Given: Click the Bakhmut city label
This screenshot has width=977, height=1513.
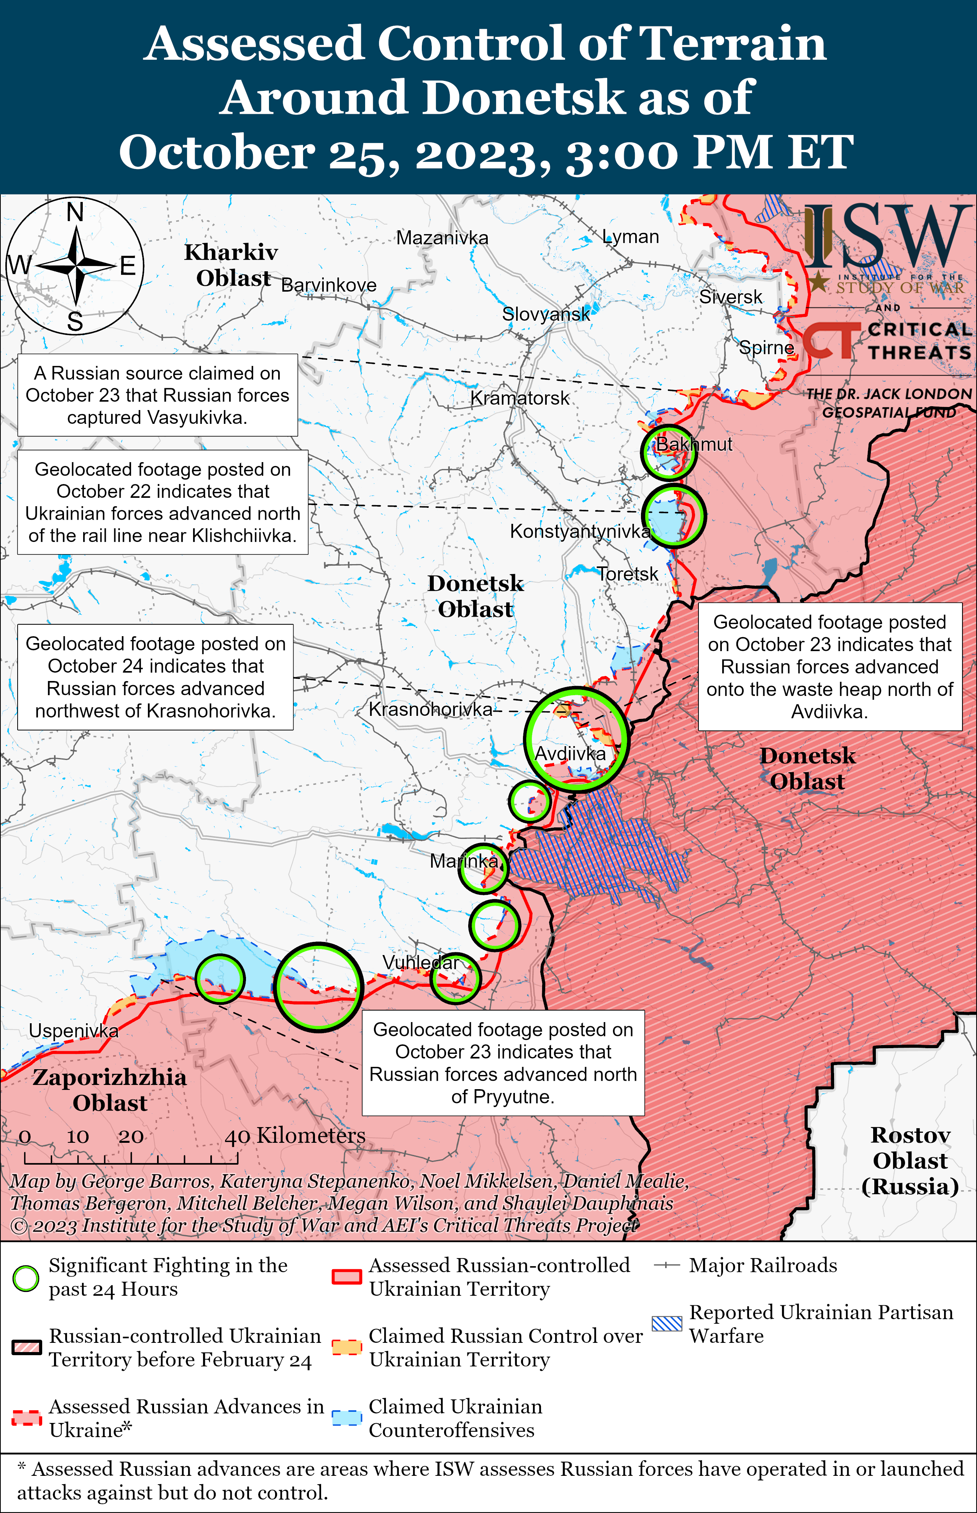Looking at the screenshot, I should (693, 444).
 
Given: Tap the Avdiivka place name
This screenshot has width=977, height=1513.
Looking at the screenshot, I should (570, 754).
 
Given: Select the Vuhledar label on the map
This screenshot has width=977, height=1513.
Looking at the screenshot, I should (420, 962).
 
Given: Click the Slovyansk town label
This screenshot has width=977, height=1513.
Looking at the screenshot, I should (546, 314).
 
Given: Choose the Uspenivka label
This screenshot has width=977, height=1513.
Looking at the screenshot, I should (74, 1031).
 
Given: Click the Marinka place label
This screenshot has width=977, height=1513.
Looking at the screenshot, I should (464, 861).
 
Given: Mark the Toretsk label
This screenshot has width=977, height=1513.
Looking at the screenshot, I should (628, 574).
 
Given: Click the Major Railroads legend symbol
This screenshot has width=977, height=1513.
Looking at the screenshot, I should (666, 1265).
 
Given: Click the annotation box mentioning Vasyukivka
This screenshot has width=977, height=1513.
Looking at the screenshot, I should (157, 395).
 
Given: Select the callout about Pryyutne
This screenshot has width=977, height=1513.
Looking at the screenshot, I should (503, 1063).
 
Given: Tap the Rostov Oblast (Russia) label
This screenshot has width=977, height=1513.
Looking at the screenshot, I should (910, 1160).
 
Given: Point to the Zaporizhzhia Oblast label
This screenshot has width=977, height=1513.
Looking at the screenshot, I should (109, 1089).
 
